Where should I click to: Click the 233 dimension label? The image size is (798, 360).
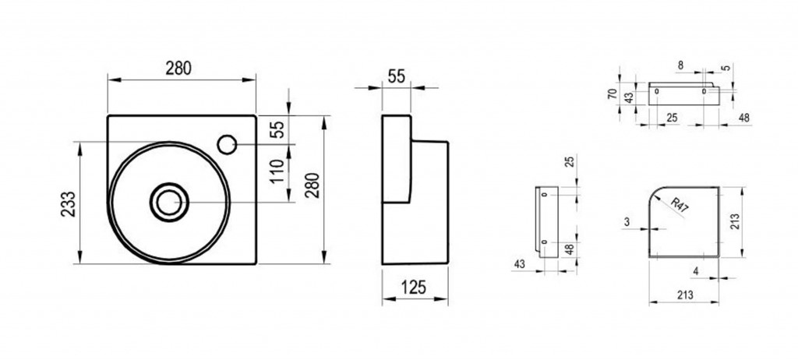point(69,203)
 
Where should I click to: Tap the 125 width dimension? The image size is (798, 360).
point(413,288)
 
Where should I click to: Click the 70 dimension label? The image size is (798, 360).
point(613,94)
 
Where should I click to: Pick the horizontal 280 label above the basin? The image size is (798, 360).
point(178,69)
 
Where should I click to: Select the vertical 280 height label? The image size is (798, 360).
point(312,185)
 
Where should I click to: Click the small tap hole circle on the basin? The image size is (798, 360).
point(227,145)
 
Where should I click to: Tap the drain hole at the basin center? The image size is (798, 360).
point(169,202)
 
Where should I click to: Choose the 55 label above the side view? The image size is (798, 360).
point(397,76)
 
